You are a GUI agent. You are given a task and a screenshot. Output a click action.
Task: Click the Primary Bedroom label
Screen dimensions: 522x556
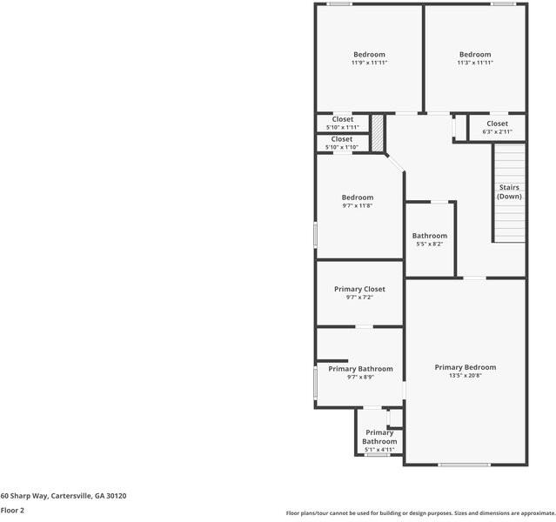(x=466, y=367)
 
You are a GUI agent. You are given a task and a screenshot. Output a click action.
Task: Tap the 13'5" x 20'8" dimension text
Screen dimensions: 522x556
(x=466, y=377)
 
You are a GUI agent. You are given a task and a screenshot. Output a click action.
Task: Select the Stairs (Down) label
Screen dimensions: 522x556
(x=509, y=191)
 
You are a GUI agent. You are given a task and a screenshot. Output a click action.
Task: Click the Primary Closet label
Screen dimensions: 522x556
(x=359, y=289)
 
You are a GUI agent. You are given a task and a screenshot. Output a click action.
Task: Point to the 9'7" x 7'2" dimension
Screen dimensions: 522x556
(x=359, y=298)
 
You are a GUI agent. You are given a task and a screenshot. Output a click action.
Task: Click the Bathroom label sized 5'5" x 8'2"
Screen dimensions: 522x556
(x=429, y=236)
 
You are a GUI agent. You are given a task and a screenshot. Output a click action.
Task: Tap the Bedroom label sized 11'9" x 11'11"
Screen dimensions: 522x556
(x=369, y=54)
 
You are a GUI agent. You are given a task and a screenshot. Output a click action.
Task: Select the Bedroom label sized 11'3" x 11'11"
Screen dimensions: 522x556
(x=475, y=54)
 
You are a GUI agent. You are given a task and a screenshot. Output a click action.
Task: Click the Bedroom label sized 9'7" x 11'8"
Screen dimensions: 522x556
(x=357, y=197)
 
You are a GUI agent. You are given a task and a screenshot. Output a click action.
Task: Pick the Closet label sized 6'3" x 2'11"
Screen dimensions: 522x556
(x=497, y=124)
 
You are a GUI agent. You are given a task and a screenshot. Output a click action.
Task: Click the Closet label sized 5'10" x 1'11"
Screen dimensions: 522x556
(x=342, y=119)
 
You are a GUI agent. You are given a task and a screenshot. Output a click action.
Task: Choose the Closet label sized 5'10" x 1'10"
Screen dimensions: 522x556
(x=342, y=139)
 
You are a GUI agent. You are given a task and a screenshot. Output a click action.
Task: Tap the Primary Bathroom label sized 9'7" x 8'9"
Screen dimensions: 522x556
(x=360, y=369)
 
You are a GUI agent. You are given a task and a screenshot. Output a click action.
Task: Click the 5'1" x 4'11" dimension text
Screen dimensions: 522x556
(x=379, y=450)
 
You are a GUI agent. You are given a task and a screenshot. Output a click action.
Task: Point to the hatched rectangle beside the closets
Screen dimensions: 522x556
(x=378, y=133)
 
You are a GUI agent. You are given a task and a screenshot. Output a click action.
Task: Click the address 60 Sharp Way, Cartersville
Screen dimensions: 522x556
(x=64, y=496)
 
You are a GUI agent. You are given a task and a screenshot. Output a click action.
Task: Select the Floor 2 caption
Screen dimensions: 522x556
(x=12, y=511)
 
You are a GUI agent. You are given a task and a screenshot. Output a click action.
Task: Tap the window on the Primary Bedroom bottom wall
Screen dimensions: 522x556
(x=464, y=465)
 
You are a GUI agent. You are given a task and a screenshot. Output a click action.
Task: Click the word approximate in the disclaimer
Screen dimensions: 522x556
(x=533, y=513)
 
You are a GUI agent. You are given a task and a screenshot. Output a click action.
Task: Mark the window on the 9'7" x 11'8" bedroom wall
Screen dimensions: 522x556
(x=315, y=236)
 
